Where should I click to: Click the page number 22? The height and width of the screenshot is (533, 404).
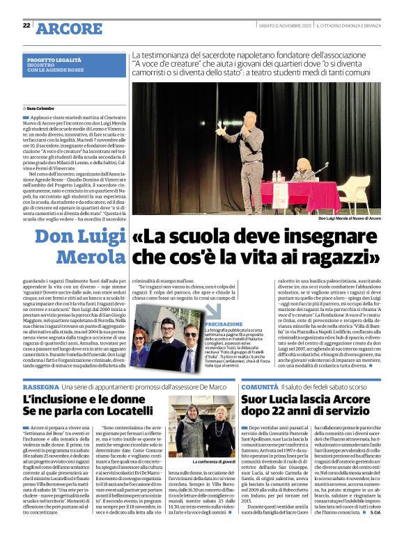(x=26, y=25)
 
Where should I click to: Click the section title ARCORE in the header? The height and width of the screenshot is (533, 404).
(x=68, y=28)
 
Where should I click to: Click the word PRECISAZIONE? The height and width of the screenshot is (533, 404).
(x=224, y=324)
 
